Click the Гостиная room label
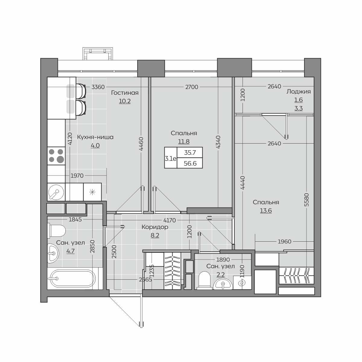[125, 93]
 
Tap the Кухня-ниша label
[95, 137]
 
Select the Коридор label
[155, 227]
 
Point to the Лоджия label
[299, 92]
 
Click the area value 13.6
[266, 211]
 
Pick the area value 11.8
[184, 141]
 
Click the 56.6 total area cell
[190, 163]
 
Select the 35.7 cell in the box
[190, 153]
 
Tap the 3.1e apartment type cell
[170, 159]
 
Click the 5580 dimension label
[306, 200]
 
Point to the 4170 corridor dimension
[170, 220]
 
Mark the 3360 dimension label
[98, 87]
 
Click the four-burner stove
[56, 156]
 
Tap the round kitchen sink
[56, 192]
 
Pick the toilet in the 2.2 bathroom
[205, 280]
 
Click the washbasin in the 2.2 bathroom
[223, 284]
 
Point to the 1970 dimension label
[77, 176]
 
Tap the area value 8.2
[155, 235]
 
